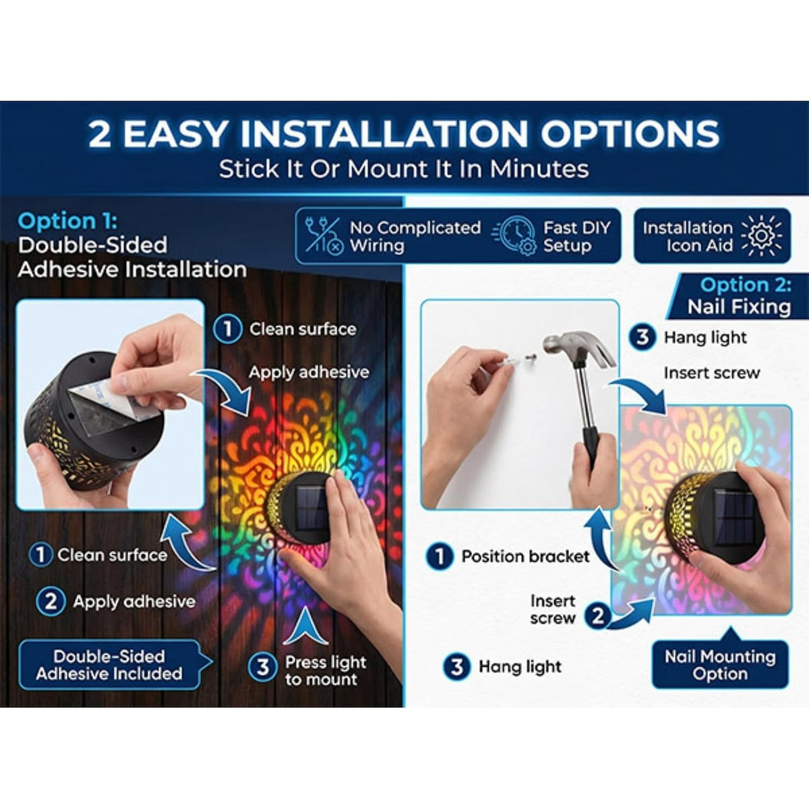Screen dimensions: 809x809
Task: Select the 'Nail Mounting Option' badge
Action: click(x=720, y=664)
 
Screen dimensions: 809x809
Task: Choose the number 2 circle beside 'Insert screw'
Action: click(x=598, y=616)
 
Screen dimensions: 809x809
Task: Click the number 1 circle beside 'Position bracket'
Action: click(x=439, y=557)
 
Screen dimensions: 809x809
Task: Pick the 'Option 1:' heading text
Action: click(x=67, y=221)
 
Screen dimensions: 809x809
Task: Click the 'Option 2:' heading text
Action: click(x=746, y=285)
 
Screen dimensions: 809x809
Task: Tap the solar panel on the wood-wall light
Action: click(x=314, y=508)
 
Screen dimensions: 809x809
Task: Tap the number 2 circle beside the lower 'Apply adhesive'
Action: click(x=51, y=601)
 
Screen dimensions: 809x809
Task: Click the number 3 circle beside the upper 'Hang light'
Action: click(x=642, y=337)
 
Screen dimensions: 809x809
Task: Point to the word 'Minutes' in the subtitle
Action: click(x=539, y=169)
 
